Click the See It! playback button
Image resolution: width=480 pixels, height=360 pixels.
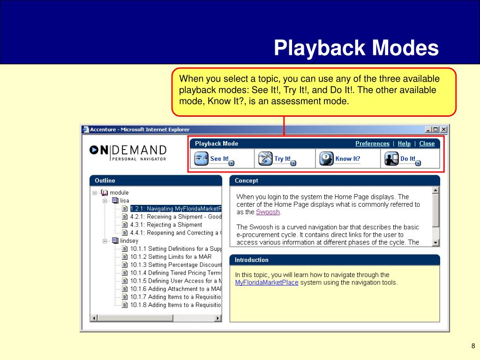coord(214,158)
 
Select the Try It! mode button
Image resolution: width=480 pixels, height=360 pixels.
coord(277,158)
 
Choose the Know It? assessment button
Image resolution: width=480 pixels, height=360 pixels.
coord(340,158)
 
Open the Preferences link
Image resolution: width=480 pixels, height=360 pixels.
coord(372,143)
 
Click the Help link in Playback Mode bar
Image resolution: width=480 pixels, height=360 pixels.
coord(404,143)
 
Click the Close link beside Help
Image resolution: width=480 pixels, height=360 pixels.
coord(427,143)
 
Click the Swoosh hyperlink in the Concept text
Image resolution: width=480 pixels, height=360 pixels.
coord(268,212)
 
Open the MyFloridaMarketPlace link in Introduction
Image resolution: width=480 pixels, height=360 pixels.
coord(267,282)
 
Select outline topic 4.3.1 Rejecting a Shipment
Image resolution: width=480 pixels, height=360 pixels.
coord(166,225)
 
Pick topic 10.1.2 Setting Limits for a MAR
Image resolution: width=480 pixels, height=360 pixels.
coord(171,256)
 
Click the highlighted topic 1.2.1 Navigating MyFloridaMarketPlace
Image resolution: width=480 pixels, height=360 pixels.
coord(176,209)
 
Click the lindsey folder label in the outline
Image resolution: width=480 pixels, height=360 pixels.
coord(129,240)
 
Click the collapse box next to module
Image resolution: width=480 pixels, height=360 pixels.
coord(95,193)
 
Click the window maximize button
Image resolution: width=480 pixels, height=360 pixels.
coord(435,129)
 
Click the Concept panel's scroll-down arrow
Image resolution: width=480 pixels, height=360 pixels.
coord(435,243)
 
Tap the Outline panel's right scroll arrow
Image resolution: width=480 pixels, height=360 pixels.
coord(217,318)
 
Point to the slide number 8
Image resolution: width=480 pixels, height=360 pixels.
coord(473,346)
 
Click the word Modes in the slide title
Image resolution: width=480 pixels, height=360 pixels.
coord(405,48)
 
